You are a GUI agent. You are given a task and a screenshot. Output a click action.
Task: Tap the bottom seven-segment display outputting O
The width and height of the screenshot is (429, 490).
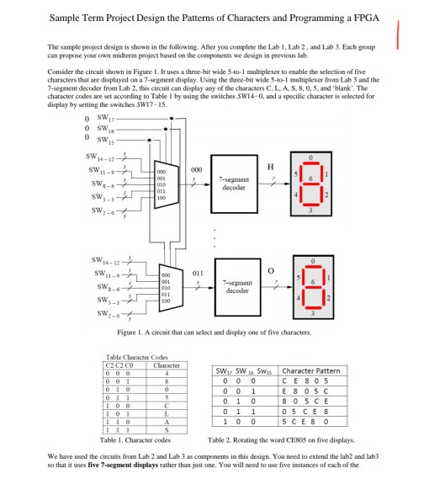[308, 290]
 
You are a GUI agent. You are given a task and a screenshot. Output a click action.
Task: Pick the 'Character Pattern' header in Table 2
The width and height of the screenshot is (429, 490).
[311, 370]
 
